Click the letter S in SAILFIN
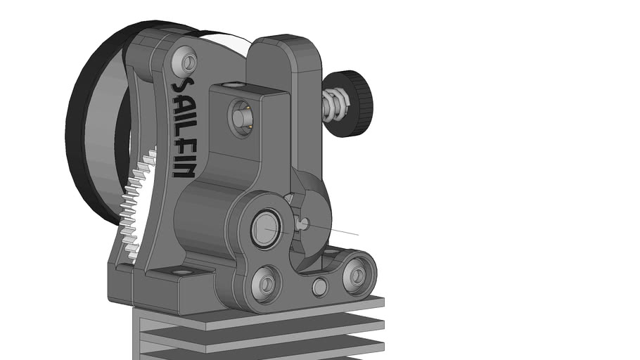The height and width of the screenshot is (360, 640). [182, 88]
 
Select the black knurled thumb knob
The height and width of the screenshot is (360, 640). [357, 104]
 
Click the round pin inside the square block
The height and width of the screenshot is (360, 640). [241, 115]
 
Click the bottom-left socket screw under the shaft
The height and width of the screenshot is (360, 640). [267, 283]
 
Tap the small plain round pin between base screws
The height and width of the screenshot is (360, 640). [319, 286]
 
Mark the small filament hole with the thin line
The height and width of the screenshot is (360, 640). [303, 224]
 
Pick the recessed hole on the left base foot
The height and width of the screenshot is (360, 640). [181, 272]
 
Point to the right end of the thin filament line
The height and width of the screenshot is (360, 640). [357, 235]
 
